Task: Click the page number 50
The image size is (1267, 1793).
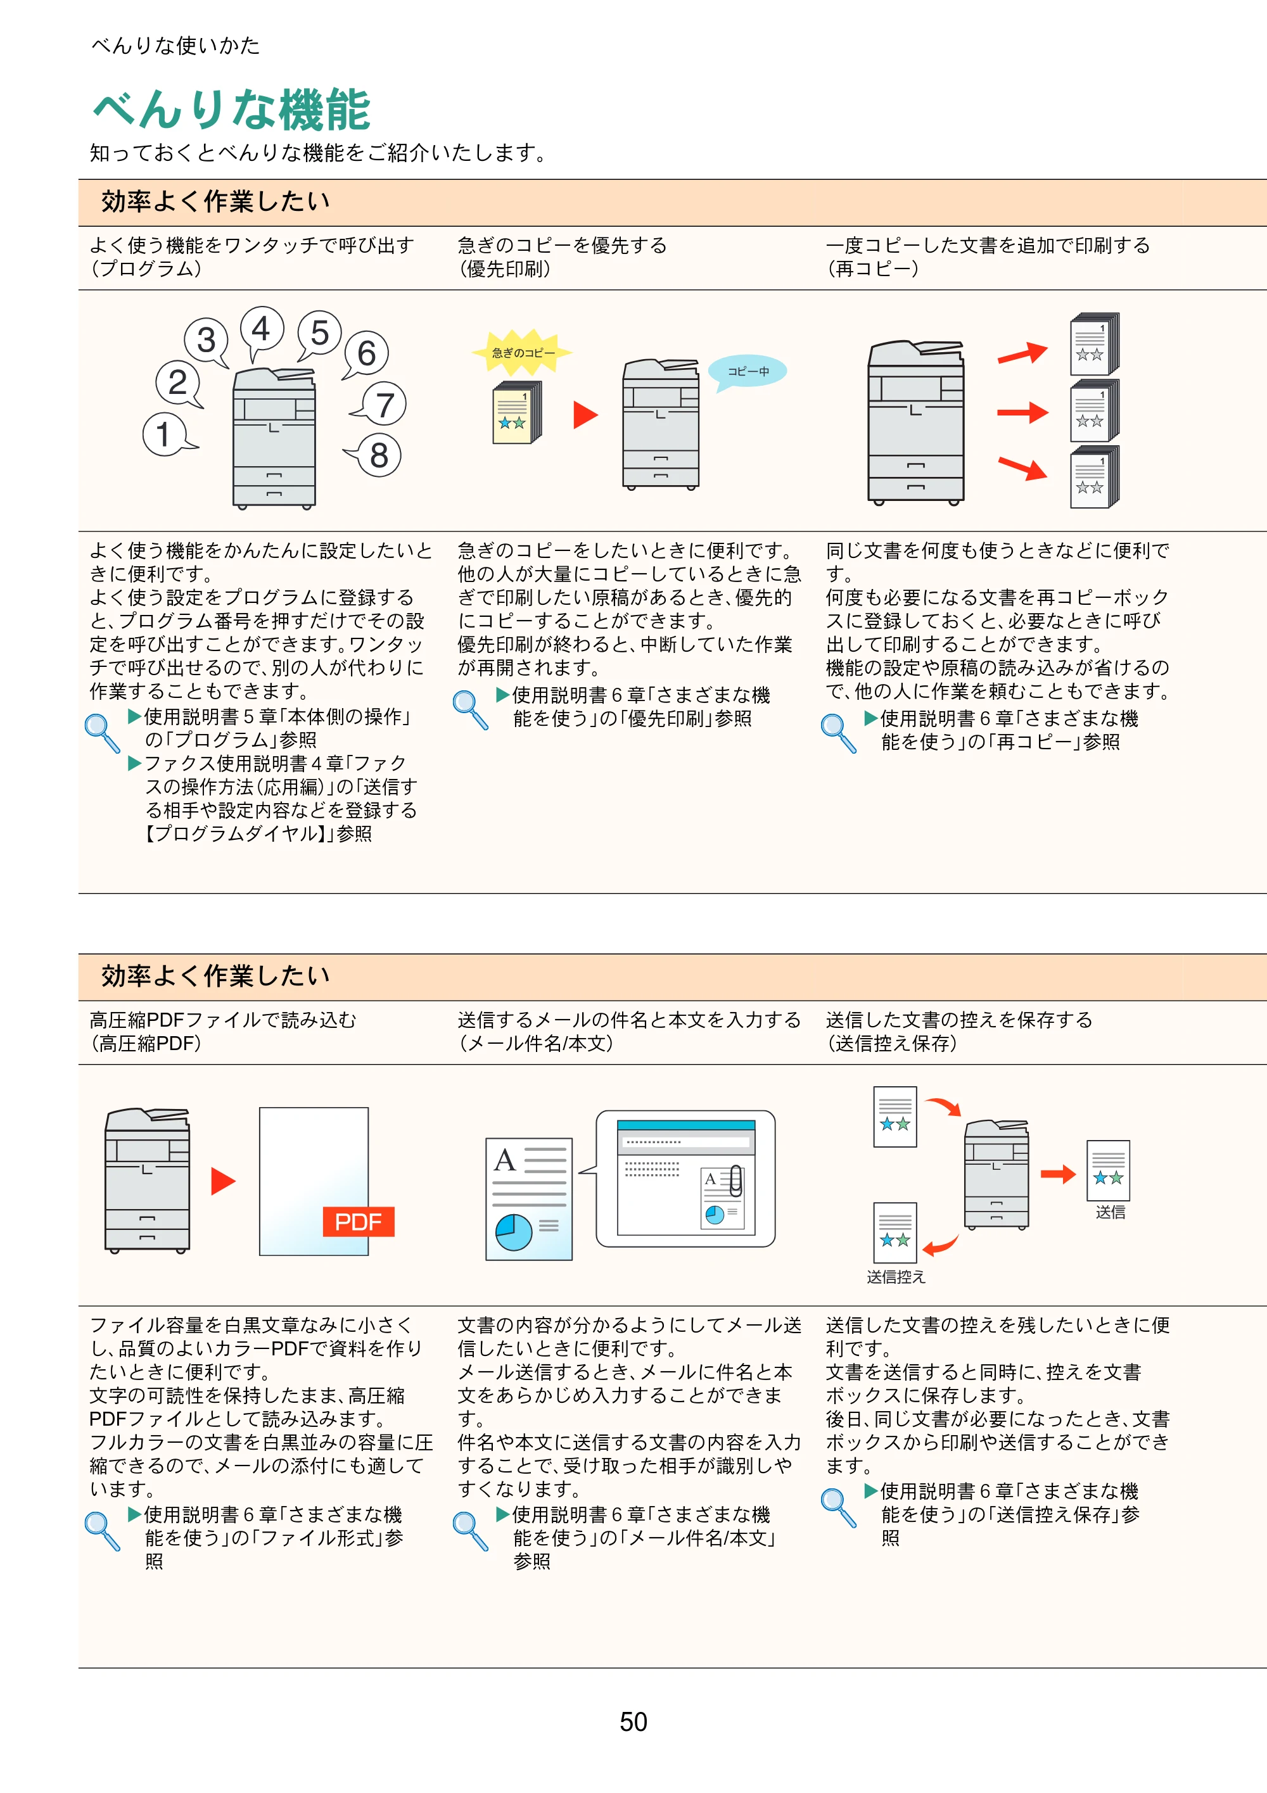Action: tap(633, 1721)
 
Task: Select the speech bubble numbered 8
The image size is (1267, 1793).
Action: tap(376, 455)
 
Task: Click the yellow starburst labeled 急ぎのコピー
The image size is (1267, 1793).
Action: tap(522, 353)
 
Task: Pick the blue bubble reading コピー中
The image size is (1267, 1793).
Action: tap(748, 371)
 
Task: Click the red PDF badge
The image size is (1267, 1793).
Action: tap(359, 1221)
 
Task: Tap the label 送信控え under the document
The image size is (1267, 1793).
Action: tap(895, 1277)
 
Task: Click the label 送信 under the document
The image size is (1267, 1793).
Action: tap(1109, 1212)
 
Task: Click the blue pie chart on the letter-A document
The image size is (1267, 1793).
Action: tap(513, 1232)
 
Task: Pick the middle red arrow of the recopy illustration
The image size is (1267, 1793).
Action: tap(1022, 412)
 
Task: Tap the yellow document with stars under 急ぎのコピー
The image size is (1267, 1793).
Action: tap(516, 413)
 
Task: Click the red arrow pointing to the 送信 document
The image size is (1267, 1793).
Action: tap(1059, 1173)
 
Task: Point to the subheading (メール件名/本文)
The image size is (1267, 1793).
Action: tap(535, 1043)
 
